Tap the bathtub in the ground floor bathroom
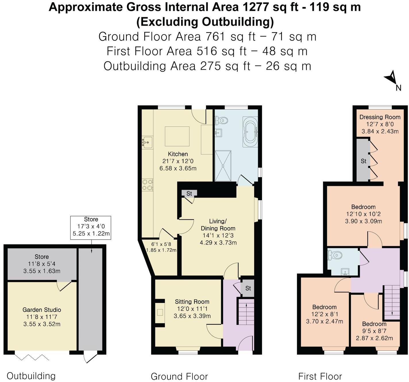click(250, 132)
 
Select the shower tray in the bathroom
click(223, 166)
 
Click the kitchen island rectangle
click(177, 136)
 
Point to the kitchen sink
click(148, 142)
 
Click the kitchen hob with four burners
click(148, 185)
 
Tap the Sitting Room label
click(192, 301)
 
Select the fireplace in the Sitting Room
click(160, 313)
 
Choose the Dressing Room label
click(380, 117)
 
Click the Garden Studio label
click(42, 310)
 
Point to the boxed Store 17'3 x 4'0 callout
click(91, 227)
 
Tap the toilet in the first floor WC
click(335, 255)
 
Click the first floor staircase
click(392, 302)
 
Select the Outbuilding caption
click(31, 376)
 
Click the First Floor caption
click(320, 376)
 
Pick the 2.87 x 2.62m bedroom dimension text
click(374, 338)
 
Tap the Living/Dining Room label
click(218, 225)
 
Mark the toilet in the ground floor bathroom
click(221, 120)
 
